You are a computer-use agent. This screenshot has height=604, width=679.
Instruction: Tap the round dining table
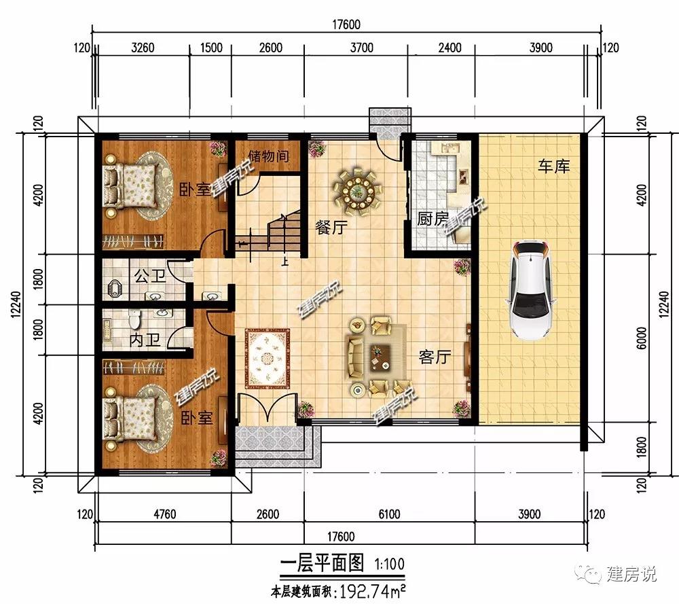point(358,191)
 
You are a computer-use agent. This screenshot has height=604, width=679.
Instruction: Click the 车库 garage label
point(553,166)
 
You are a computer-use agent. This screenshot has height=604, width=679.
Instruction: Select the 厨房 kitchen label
point(432,218)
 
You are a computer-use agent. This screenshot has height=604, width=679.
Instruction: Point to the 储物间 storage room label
point(268,156)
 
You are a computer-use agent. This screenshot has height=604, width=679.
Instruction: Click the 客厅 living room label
point(435,357)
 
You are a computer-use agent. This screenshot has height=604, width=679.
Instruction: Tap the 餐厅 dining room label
point(331,227)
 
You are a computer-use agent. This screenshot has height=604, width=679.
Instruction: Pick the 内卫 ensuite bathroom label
point(145,340)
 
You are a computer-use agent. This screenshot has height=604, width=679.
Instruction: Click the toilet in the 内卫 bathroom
point(134,319)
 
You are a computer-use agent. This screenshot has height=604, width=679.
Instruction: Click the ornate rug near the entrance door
point(267,359)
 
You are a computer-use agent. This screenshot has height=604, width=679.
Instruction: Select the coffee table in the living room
point(380,357)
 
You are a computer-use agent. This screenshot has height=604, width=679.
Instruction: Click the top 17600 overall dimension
point(346,24)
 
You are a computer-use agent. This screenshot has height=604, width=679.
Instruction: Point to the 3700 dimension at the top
point(361,48)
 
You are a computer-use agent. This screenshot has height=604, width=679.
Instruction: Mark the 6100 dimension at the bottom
point(389,514)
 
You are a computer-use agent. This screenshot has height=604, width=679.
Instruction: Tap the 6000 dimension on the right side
point(642,338)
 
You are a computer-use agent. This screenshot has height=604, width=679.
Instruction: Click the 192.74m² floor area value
point(372,591)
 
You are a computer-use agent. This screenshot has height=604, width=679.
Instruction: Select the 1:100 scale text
point(389,564)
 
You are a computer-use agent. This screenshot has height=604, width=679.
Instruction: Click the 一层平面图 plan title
point(322,563)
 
